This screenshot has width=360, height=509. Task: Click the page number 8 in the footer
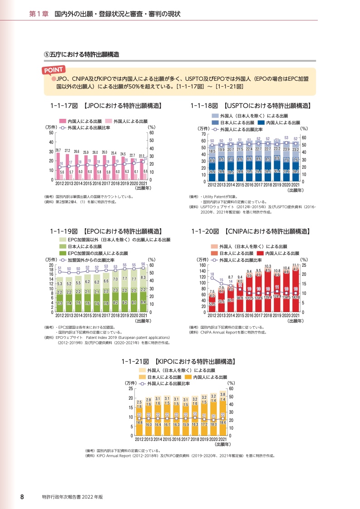(x=21, y=497)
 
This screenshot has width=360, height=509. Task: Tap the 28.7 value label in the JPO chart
(x=58, y=150)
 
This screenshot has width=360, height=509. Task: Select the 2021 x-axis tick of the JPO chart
(x=143, y=184)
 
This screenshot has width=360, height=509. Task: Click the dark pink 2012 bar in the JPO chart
(x=58, y=166)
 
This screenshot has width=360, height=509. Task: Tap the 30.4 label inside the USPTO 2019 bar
(x=277, y=171)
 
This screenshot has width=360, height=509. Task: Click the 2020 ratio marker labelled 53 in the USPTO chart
(x=286, y=142)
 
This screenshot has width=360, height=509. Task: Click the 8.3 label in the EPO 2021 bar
(x=143, y=277)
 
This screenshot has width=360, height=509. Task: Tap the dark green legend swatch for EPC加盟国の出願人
(x=63, y=253)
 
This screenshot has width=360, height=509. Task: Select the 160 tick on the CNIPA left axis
(x=202, y=264)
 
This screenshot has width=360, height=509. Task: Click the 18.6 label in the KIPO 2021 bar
(x=222, y=422)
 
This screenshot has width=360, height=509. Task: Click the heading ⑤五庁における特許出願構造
(x=81, y=54)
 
